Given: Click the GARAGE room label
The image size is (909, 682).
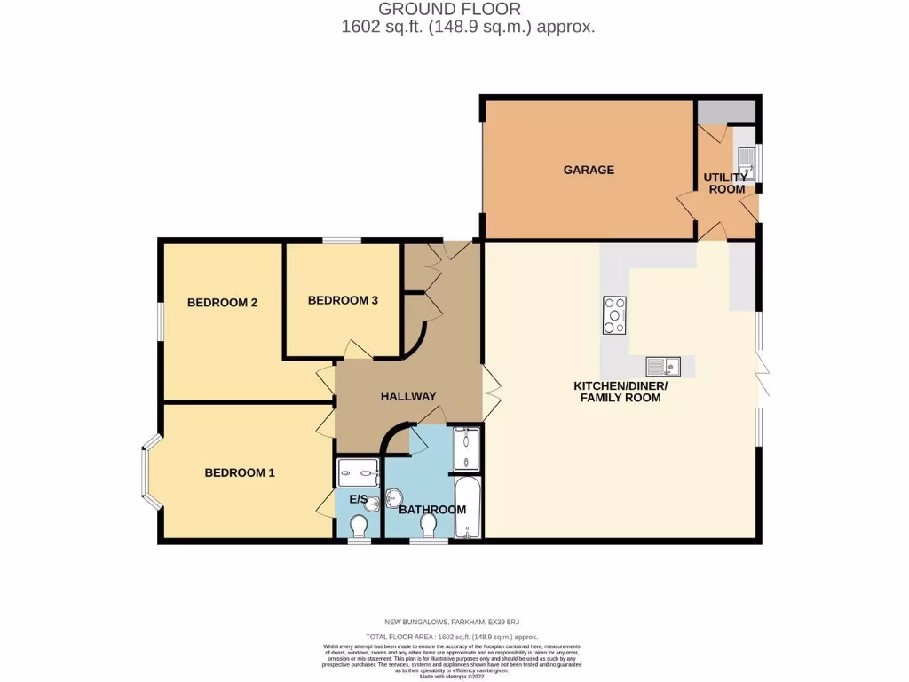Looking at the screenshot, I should click(589, 170).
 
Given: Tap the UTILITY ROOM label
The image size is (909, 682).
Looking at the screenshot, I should click(725, 183).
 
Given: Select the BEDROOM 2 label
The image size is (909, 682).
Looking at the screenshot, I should click(222, 303).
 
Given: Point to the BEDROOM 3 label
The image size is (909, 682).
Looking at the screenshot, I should click(343, 301).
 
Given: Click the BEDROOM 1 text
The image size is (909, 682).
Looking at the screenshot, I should click(240, 473).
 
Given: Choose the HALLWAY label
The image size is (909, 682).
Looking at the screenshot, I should click(408, 397).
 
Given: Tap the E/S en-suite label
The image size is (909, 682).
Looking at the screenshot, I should click(358, 500).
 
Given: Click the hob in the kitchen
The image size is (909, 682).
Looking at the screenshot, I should click(614, 315).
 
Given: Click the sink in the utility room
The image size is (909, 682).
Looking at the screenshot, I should click(745, 163).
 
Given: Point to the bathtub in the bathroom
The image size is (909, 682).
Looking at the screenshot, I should click(467, 509).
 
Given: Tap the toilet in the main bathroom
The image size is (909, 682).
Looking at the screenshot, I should click(429, 527).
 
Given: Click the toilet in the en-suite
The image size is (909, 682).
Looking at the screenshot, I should click(359, 528).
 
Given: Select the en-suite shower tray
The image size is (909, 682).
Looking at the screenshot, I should click(358, 471).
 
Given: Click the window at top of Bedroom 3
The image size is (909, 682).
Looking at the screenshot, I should click(341, 240).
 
